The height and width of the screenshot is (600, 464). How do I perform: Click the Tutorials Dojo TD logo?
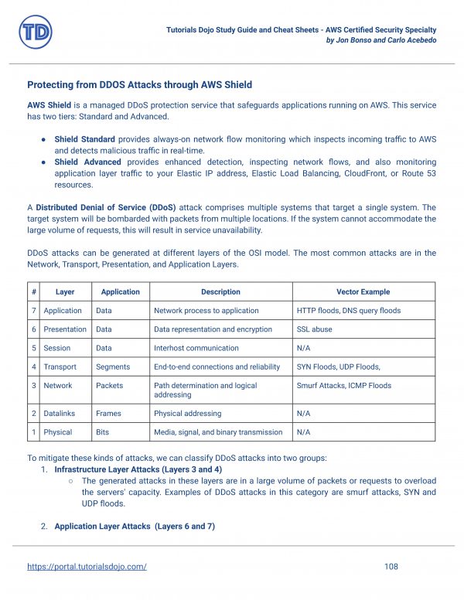point(36,32)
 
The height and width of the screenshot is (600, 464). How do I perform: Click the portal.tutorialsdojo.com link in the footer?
point(87,567)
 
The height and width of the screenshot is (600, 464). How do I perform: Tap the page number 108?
point(391,567)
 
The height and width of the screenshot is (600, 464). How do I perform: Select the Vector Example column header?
point(363,291)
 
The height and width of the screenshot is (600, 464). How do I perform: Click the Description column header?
point(220,291)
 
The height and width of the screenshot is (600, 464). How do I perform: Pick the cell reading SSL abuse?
point(315,329)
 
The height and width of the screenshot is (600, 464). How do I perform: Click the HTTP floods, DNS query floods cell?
point(348,310)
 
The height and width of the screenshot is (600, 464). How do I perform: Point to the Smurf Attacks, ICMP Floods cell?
point(343,385)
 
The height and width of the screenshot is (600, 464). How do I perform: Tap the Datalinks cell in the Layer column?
point(60,414)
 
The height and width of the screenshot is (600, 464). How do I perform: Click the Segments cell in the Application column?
point(113,366)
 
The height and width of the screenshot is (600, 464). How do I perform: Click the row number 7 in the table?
point(34,310)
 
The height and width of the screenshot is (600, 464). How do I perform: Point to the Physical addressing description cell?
point(187,414)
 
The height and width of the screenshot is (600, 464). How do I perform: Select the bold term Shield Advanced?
point(87,162)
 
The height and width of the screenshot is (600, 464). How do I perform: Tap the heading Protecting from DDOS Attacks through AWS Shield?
point(139,84)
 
